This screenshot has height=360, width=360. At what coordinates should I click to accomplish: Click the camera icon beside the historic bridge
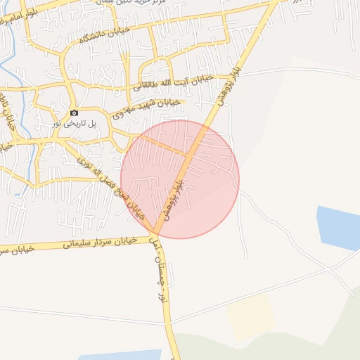click(74, 113)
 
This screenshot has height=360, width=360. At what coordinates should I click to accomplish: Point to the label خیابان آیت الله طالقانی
click(168, 85)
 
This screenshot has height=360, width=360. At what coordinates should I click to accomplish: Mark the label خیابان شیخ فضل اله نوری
click(112, 187)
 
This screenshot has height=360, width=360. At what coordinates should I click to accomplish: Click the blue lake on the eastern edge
click(340, 228)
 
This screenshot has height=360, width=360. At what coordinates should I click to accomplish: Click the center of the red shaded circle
click(180, 179)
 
